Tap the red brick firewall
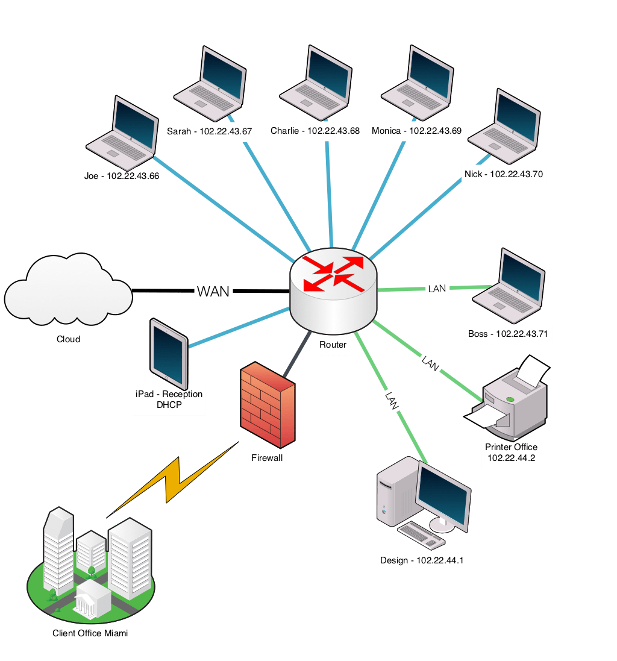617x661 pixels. (x=268, y=405)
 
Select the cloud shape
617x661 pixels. (x=68, y=290)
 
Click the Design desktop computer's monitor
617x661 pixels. (x=443, y=497)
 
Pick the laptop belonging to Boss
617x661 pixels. (x=509, y=286)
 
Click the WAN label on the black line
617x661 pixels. (x=213, y=291)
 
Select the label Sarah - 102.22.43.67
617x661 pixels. (x=210, y=131)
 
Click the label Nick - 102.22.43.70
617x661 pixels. (x=504, y=174)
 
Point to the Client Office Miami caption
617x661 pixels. (x=90, y=633)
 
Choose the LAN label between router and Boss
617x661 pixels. (x=437, y=289)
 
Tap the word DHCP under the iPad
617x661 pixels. (x=169, y=405)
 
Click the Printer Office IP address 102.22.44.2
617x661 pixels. (x=511, y=458)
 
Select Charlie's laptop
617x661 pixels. (x=316, y=83)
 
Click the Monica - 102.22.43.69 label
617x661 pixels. (x=416, y=131)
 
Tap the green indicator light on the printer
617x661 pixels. (x=510, y=399)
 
